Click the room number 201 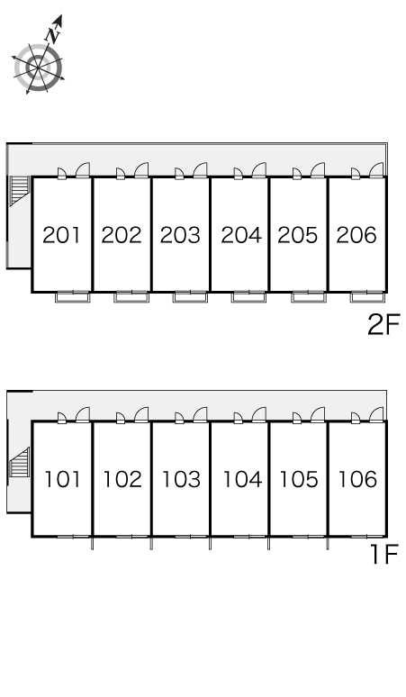[62, 235]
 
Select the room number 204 [241, 235]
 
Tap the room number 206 [356, 235]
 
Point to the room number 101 [63, 479]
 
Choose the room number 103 [181, 479]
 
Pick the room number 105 [299, 479]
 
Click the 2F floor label [383, 324]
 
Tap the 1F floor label [385, 555]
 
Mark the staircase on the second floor [20, 190]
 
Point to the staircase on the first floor [19, 462]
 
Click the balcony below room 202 [131, 297]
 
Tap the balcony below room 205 [308, 297]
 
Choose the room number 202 [122, 235]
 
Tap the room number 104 [242, 479]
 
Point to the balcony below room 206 [367, 297]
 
